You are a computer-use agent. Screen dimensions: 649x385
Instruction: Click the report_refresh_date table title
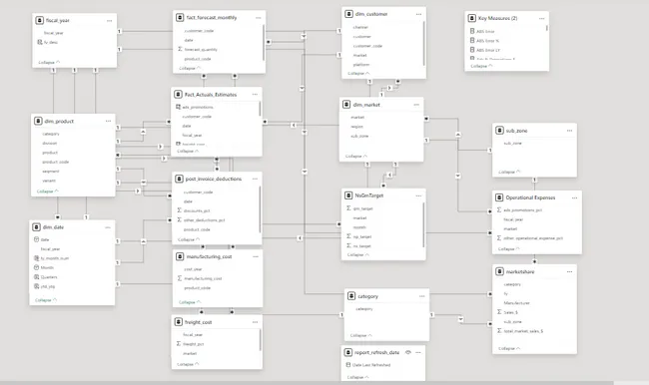click(x=374, y=353)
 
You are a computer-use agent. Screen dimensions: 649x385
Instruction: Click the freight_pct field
click(x=196, y=344)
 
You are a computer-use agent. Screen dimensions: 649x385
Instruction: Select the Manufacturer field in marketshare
click(x=517, y=301)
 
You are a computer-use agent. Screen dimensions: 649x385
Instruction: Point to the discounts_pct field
click(x=198, y=210)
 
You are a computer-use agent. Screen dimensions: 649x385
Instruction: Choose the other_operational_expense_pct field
click(x=535, y=238)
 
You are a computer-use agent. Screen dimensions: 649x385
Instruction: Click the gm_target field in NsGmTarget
click(x=363, y=209)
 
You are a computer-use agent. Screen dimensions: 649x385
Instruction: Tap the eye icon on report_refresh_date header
click(x=409, y=353)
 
